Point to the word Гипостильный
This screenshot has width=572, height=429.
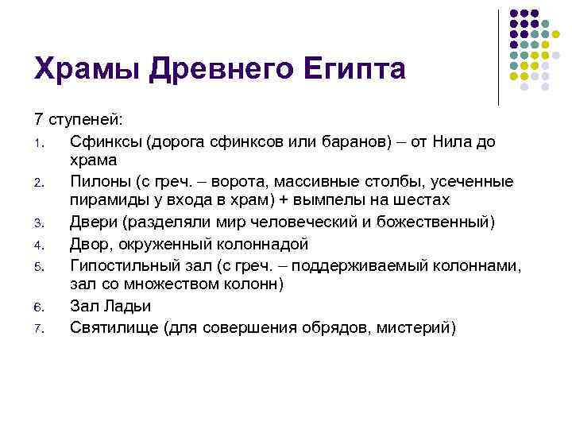(123, 265)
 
